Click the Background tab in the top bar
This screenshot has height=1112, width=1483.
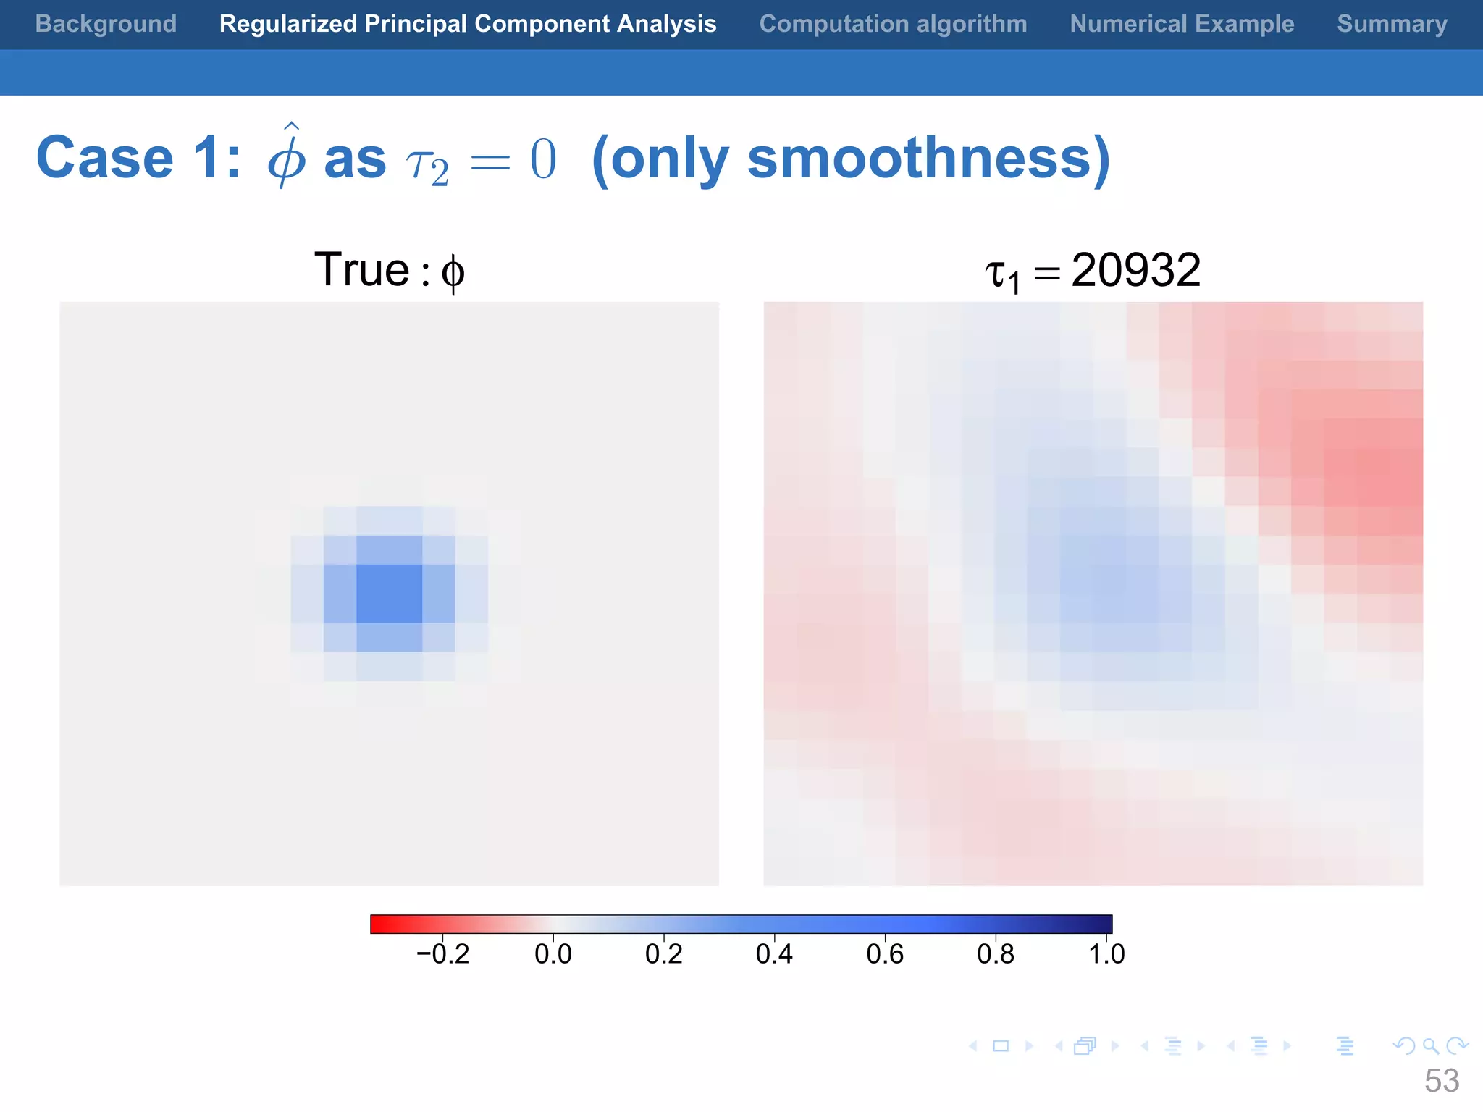(106, 24)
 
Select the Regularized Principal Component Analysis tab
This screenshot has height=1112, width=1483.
(468, 24)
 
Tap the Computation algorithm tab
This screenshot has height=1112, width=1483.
(893, 24)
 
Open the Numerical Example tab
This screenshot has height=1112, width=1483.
(1182, 24)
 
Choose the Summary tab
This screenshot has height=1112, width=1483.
(1392, 24)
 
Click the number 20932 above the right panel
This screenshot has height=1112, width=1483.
(1135, 270)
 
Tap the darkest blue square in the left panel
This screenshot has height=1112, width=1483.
(389, 594)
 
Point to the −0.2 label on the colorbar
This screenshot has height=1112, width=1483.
(442, 954)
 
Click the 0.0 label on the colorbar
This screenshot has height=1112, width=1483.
(553, 954)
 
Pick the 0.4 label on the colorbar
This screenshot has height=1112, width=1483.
(774, 954)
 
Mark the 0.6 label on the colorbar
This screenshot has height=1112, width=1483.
(885, 954)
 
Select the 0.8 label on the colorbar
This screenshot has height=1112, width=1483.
(996, 954)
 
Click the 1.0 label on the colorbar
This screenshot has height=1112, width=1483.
(1106, 954)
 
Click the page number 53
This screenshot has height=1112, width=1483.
(1441, 1081)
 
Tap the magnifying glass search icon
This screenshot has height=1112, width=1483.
(1430, 1045)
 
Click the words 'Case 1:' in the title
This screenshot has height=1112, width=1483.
(138, 158)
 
